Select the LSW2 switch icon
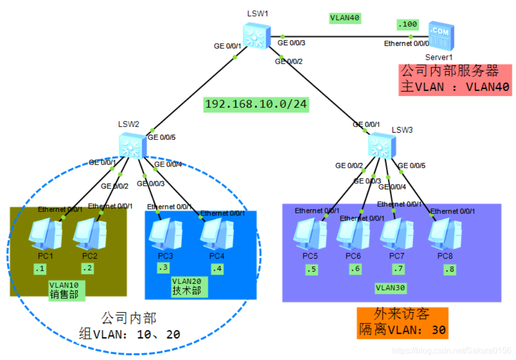coord(132,146)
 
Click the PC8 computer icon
coord(444,235)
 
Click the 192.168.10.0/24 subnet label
coord(255,104)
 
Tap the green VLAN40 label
coord(345,18)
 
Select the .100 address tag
coord(408,24)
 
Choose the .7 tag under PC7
coord(398,269)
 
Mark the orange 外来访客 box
coord(402,322)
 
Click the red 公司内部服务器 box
coord(455,79)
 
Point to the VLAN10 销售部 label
coord(64,290)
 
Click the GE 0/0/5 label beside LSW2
coord(161,138)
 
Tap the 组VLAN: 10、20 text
coord(129,334)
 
